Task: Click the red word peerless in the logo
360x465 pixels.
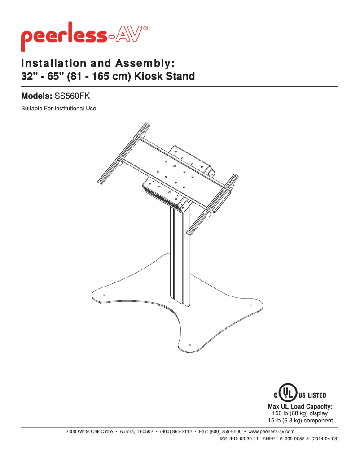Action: [x=64, y=36]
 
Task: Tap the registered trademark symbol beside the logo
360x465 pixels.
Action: [x=145, y=28]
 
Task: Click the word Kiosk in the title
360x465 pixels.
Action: [x=148, y=76]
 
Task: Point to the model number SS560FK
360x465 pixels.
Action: [x=72, y=96]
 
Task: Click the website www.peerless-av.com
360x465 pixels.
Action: [x=271, y=431]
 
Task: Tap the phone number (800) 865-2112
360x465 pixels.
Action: [x=176, y=431]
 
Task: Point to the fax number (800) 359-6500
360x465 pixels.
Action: [x=225, y=431]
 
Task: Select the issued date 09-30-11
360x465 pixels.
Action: [x=249, y=439]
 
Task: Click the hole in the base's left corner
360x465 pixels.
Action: [x=104, y=295]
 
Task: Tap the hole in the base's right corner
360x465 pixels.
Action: [x=251, y=305]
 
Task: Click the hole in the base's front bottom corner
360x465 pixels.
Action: [x=190, y=345]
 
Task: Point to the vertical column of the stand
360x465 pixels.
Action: [x=180, y=255]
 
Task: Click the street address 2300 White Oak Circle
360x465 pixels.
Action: [x=89, y=431]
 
